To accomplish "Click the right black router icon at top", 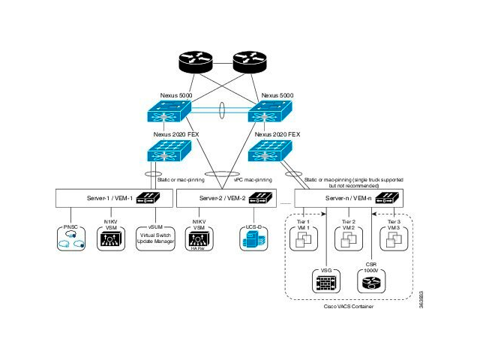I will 251,63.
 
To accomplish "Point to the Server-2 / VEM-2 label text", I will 223,198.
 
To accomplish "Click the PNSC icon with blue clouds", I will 72,239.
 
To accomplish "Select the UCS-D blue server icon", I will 250,240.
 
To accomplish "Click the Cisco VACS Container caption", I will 349,307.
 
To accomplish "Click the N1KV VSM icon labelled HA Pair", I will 199,240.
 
